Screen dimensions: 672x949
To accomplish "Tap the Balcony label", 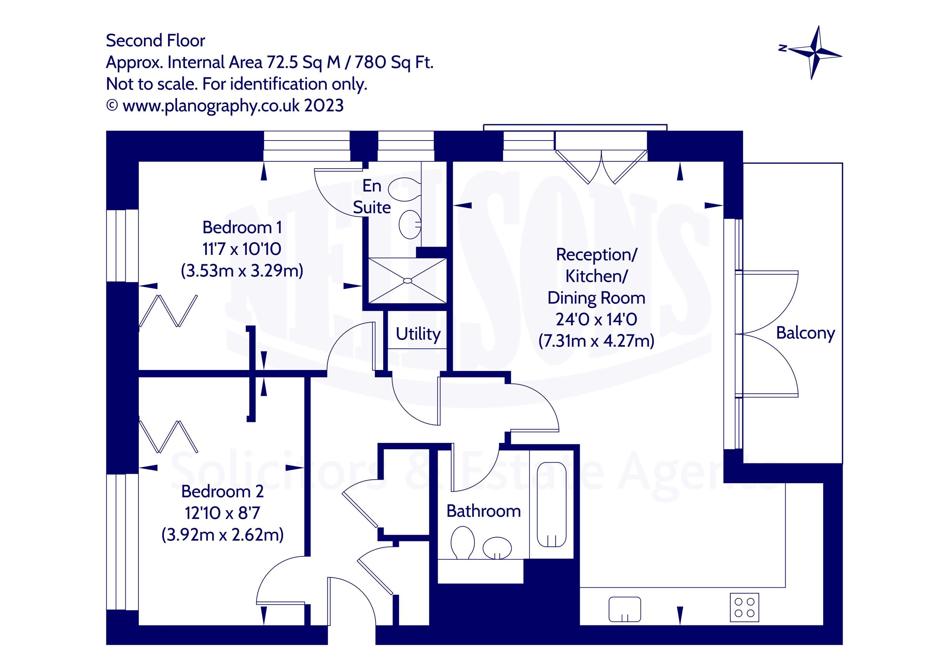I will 805,333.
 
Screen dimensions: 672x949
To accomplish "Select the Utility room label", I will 418,334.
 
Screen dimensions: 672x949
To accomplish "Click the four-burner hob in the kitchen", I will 744,607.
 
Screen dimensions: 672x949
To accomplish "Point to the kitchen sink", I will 624,609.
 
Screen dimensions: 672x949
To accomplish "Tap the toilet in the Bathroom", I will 462,542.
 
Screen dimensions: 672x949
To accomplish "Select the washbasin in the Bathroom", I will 497,548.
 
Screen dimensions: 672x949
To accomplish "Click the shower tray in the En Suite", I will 407,281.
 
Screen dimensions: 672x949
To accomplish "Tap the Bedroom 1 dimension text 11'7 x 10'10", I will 242,249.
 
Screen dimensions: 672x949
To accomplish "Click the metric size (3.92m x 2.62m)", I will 222,535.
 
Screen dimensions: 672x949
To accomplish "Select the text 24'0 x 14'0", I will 596,319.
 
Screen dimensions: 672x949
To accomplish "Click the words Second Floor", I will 155,40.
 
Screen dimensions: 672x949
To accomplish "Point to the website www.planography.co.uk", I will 211,106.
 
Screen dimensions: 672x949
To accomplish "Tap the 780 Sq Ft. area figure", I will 394,63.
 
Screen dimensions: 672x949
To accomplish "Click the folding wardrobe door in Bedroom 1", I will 168,311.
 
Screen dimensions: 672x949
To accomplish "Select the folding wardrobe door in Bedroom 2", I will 168,437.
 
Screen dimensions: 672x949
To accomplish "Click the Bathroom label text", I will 483,511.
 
